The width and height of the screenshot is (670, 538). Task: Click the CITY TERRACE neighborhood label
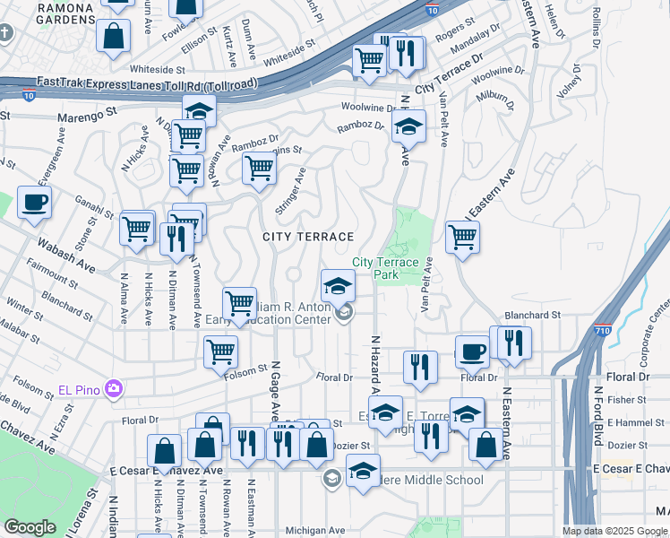(x=308, y=236)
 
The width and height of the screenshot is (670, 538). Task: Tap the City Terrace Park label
(x=386, y=268)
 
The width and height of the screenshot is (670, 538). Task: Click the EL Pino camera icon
(x=114, y=388)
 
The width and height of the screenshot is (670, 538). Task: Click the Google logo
(x=30, y=526)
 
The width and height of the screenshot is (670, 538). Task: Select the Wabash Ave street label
(x=65, y=255)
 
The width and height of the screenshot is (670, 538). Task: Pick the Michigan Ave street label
(x=314, y=531)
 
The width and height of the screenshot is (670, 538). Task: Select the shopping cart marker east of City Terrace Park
(x=462, y=238)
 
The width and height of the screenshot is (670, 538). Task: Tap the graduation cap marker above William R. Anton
(x=339, y=286)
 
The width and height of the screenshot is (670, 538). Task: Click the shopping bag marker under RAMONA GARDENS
(x=114, y=37)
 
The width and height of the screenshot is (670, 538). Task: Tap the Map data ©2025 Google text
(x=614, y=530)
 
